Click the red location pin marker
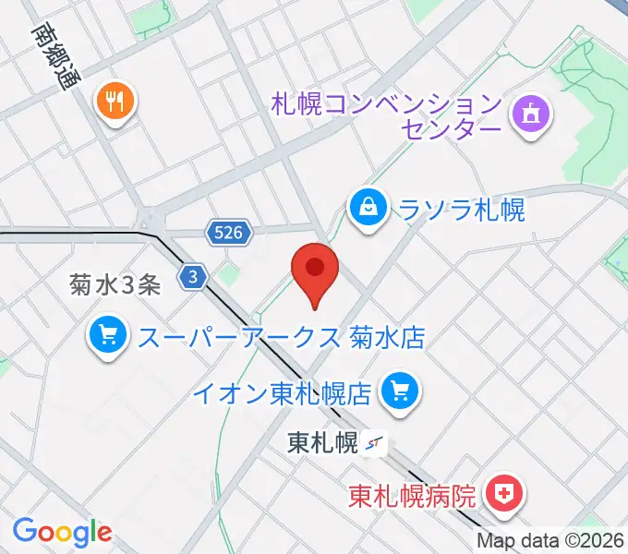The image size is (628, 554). click(x=314, y=270)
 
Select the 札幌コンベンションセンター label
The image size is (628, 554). click(x=386, y=115)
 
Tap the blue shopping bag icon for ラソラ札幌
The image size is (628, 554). click(x=368, y=208)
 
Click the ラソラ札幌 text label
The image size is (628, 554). click(x=461, y=210)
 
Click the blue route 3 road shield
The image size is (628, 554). click(x=191, y=276)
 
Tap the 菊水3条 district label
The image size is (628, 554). click(x=115, y=285)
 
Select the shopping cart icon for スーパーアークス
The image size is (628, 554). click(x=108, y=335)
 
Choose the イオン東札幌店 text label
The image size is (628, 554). click(x=283, y=394)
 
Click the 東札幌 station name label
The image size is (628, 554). click(x=321, y=442)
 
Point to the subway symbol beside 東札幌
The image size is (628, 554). click(x=375, y=444)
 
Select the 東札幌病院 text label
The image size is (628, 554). click(x=413, y=496)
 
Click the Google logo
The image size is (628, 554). click(x=62, y=532)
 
